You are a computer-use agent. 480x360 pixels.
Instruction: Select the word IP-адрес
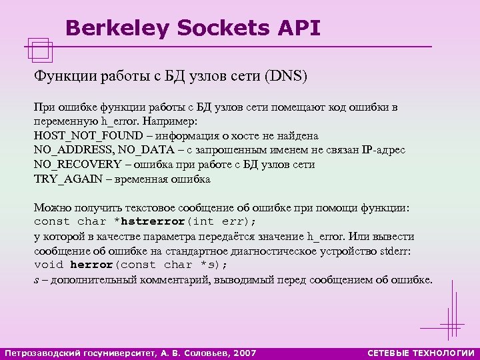click(382, 150)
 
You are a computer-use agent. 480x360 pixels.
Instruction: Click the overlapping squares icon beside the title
click(41, 47)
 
